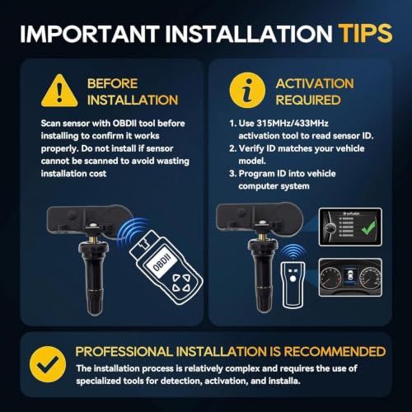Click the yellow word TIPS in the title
click(x=365, y=33)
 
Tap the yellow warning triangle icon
click(x=59, y=91)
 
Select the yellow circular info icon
click(x=248, y=90)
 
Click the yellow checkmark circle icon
click(x=48, y=364)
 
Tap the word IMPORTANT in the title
click(x=90, y=34)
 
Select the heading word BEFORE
click(x=112, y=84)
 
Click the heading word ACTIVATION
click(x=315, y=84)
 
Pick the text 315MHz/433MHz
click(x=293, y=124)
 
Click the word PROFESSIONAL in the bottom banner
click(x=124, y=352)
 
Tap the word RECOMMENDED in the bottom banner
click(x=335, y=352)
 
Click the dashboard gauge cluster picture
click(x=350, y=277)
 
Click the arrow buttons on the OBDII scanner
click(x=181, y=283)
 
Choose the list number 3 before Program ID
click(x=232, y=174)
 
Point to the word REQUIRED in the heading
click(x=308, y=100)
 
